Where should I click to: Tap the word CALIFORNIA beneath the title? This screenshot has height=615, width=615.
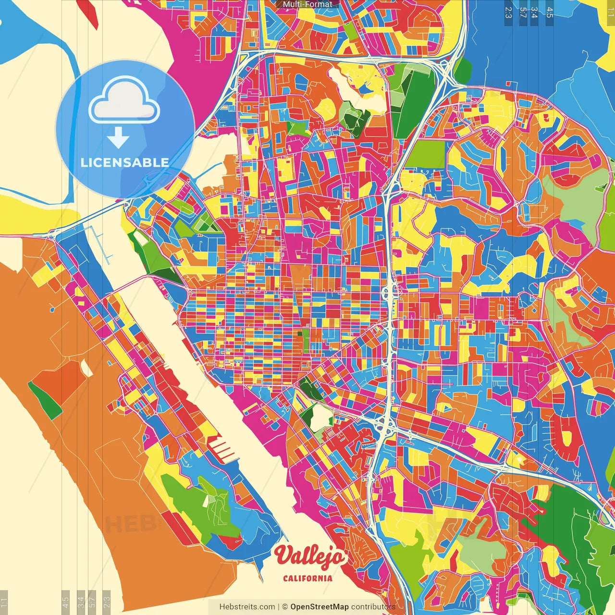tap(307, 578)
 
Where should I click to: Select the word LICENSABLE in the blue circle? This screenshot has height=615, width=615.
tap(125, 162)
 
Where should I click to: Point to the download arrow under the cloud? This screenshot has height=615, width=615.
tap(118, 138)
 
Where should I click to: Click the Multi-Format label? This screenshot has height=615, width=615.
tap(307, 4)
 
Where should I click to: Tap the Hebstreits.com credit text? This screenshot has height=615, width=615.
tap(247, 607)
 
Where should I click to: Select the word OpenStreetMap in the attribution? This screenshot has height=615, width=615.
tap(320, 607)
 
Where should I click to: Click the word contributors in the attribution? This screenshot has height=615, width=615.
tap(373, 607)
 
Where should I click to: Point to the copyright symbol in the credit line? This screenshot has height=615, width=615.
tap(284, 607)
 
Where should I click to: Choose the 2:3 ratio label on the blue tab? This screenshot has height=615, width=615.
tap(508, 12)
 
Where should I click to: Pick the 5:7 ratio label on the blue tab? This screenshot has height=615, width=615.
tap(523, 12)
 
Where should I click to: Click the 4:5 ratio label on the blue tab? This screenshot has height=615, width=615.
tap(550, 12)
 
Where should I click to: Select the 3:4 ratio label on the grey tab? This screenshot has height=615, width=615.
tap(81, 602)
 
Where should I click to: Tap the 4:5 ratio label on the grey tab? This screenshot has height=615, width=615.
tap(65, 602)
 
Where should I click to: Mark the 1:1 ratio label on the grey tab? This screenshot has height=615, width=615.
tap(4, 602)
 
